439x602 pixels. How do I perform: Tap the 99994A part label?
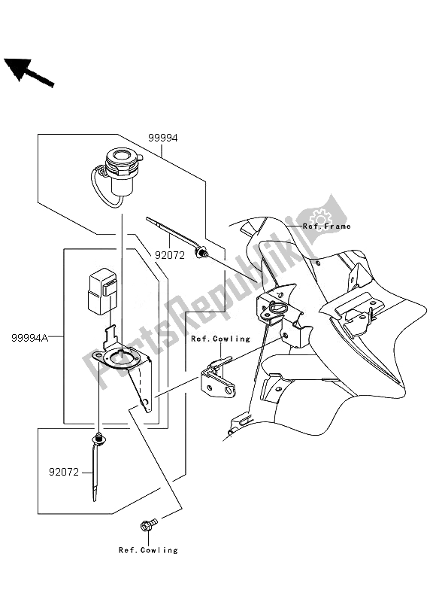coord(29,339)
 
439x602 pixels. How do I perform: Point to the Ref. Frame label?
coord(326,226)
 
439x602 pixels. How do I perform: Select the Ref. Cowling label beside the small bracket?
coord(219,339)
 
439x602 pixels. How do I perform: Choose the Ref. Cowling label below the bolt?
coord(148,550)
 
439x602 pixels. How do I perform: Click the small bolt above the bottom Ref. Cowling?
coord(147,523)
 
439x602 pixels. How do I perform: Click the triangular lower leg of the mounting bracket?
coord(145,391)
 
